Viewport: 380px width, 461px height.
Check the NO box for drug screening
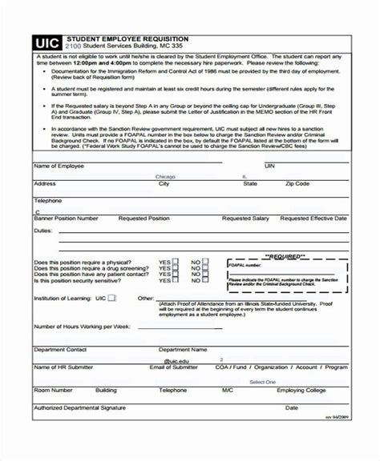click(205, 268)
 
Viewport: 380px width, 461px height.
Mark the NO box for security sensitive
click(205, 281)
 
